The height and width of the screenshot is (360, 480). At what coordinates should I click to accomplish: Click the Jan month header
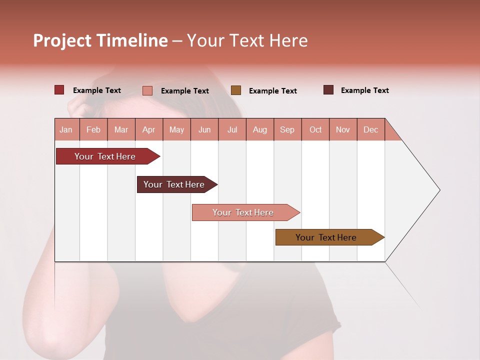[x=66, y=130]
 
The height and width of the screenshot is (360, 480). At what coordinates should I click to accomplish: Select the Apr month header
[x=148, y=130]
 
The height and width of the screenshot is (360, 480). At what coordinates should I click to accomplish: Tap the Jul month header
[x=232, y=130]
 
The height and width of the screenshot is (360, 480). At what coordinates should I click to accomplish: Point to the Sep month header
[x=287, y=130]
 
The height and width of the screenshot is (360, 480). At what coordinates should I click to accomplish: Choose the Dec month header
[x=370, y=130]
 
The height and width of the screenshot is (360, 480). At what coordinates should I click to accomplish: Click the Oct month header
[x=315, y=130]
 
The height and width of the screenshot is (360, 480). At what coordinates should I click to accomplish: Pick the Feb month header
[x=93, y=130]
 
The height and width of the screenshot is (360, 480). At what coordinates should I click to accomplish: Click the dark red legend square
[x=59, y=90]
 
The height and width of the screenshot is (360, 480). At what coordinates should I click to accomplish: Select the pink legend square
[x=147, y=90]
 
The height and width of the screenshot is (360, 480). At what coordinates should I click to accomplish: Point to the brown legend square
[x=236, y=90]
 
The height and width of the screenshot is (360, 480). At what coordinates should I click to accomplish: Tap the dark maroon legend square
[x=328, y=90]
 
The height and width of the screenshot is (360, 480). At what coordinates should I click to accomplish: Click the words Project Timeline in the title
[x=100, y=40]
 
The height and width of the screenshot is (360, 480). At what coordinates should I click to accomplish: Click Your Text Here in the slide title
[x=247, y=40]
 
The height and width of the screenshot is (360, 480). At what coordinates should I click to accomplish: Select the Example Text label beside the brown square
[x=272, y=91]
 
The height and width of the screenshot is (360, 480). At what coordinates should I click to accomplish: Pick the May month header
[x=176, y=130]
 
